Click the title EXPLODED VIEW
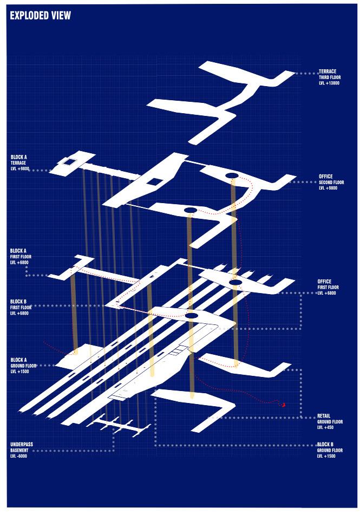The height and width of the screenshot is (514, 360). [x=40, y=16]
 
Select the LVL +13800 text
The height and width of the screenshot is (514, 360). [x=329, y=83]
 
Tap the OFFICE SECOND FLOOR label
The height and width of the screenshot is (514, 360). [x=331, y=182]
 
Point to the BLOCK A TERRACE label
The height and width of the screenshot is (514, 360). [x=19, y=162]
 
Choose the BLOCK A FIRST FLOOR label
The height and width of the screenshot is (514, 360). [x=19, y=256]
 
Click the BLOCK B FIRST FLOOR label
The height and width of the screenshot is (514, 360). [x=19, y=307]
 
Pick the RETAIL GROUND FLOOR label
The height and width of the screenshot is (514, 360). [x=330, y=422]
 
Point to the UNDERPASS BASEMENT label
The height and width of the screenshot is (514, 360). [x=22, y=450]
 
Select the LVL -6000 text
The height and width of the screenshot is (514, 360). [x=19, y=456]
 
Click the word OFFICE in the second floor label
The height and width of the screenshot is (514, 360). [x=326, y=176]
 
